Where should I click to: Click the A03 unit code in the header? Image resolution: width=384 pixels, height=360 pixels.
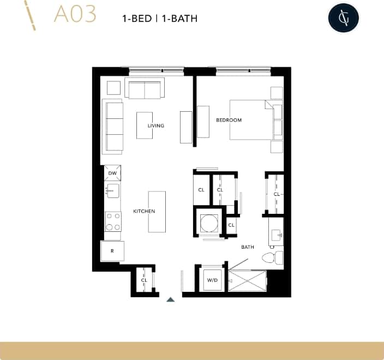click(75, 15)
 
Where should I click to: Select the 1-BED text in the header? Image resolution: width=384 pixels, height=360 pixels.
click(137, 19)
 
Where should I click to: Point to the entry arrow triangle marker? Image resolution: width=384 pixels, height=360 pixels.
click(170, 299)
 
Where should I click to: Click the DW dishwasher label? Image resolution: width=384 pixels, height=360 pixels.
click(113, 173)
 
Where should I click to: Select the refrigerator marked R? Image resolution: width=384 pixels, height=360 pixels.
click(112, 251)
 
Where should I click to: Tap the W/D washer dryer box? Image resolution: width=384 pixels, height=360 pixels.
click(212, 280)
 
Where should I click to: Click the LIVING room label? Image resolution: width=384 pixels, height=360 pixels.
click(155, 125)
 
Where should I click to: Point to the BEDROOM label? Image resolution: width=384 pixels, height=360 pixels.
click(229, 120)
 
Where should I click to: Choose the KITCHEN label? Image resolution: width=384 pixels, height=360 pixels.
click(144, 211)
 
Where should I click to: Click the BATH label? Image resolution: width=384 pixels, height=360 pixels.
click(248, 247)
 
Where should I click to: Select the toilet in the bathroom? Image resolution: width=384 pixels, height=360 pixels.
click(271, 257)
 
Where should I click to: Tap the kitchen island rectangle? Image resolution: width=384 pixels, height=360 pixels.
click(157, 211)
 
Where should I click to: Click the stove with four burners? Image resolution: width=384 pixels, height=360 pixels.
click(113, 221)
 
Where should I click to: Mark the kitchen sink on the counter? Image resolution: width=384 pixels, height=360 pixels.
click(113, 190)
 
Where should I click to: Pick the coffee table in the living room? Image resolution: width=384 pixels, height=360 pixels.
click(145, 125)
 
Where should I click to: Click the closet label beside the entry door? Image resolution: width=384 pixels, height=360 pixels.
click(145, 280)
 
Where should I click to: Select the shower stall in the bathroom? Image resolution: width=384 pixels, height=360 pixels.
click(247, 280)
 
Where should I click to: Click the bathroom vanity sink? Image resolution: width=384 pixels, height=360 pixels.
click(277, 235)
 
